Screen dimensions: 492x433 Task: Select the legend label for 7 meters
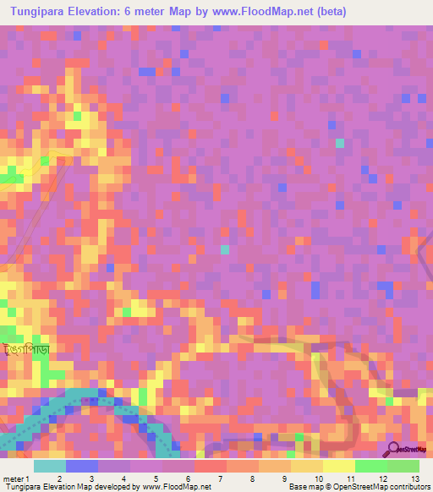[x=219, y=478]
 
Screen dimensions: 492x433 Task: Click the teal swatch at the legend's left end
[x=50, y=466]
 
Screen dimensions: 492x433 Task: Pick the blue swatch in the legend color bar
[x=82, y=466]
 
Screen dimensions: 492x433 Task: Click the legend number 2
[x=58, y=478]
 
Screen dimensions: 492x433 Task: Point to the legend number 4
[x=123, y=478]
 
